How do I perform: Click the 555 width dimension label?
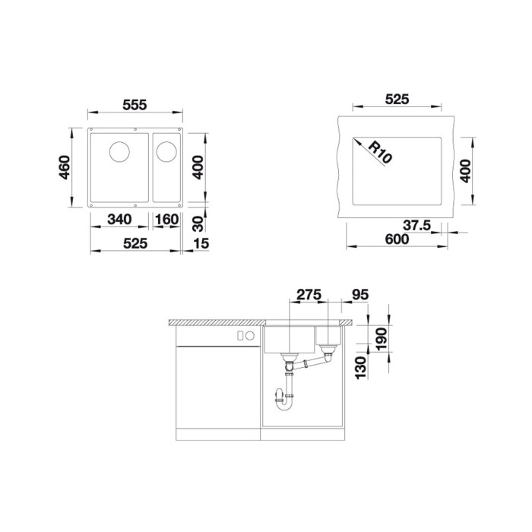135,105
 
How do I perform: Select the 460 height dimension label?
65,168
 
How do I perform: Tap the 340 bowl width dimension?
119,219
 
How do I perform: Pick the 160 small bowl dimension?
166,219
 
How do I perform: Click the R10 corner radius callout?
380,152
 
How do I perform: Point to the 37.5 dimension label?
416,225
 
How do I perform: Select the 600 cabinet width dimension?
397,239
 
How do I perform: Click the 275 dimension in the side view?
309,294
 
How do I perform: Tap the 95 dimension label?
360,295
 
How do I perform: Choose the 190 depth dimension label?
382,339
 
